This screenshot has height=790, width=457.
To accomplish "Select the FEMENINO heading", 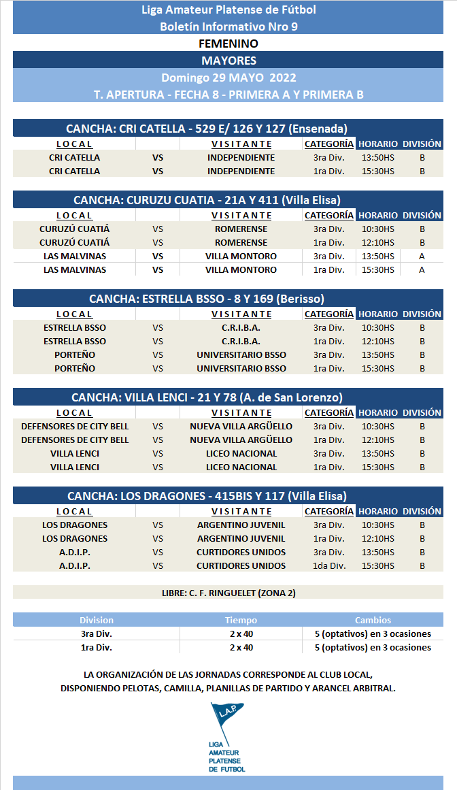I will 228,44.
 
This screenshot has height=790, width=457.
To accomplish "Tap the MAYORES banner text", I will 228,61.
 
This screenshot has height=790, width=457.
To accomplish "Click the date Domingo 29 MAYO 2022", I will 228,78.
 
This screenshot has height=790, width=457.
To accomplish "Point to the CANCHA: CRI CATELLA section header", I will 207,128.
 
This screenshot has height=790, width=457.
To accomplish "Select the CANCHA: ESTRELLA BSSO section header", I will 207,299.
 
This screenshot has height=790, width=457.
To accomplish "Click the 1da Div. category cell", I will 329,565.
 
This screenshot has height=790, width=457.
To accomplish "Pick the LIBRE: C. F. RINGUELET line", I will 228,593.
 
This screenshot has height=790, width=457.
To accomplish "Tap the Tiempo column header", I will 241,620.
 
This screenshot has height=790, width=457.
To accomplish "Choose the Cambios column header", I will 373,620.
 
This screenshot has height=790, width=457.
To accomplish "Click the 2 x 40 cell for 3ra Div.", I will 241,633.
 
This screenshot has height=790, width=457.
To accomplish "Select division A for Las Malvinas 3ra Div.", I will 422,256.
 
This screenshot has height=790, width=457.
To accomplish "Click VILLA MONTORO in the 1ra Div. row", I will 241,269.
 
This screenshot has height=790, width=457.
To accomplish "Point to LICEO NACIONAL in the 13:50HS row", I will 241,453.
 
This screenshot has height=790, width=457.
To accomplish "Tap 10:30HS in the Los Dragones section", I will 378,525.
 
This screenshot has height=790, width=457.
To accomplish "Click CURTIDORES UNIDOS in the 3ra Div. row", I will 241,552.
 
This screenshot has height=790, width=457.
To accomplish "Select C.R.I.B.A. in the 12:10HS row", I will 241,341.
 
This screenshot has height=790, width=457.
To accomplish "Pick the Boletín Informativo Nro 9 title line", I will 228,27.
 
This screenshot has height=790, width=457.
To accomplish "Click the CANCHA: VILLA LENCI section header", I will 207,397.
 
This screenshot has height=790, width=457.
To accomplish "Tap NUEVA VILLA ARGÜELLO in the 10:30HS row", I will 241,426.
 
